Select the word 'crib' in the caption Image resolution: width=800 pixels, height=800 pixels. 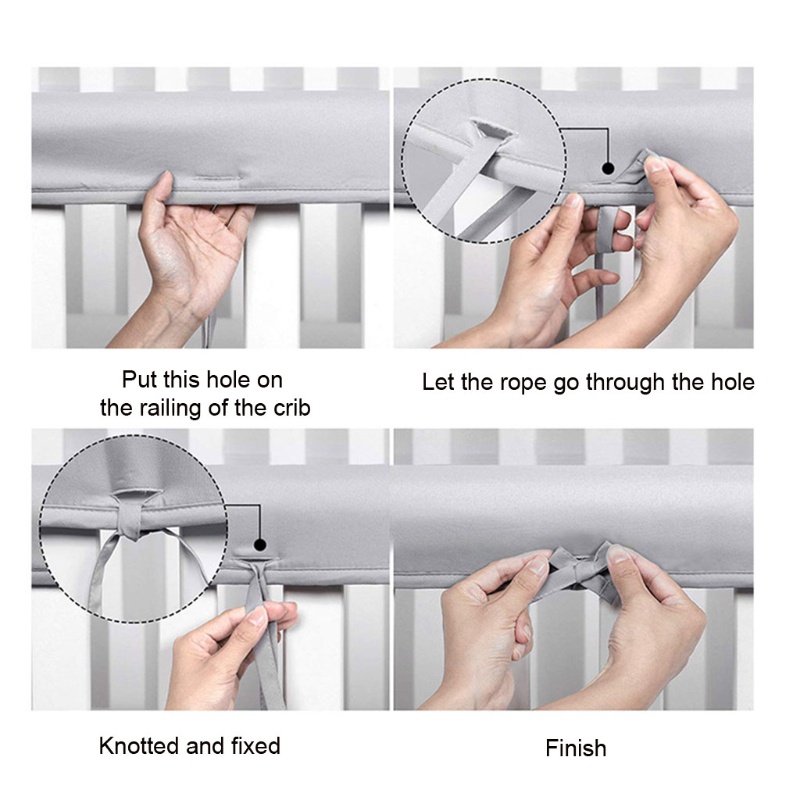[292, 408]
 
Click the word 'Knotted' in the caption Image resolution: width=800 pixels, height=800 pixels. [139, 746]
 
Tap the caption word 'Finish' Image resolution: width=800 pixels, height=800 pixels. [576, 748]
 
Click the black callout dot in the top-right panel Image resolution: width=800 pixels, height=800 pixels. [608, 168]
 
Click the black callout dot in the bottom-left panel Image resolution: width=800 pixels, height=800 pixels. [260, 545]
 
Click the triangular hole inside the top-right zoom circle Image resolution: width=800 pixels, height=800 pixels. [491, 131]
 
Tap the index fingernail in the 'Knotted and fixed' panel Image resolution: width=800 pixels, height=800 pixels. [255, 618]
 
